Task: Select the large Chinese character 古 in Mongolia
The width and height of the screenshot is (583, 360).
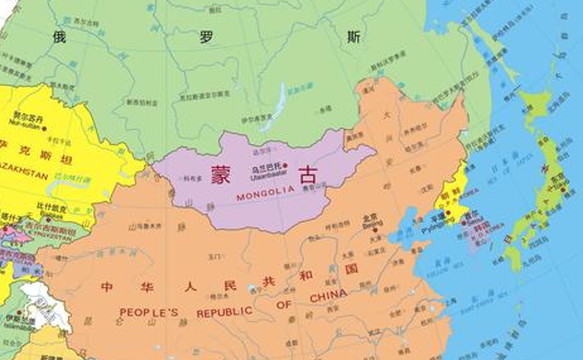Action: [307, 175]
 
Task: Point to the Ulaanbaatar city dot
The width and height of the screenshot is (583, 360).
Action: [285, 166]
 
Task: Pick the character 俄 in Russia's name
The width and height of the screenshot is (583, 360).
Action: [61, 38]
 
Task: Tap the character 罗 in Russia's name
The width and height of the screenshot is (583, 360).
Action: [207, 38]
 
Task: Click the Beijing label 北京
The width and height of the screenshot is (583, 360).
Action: [370, 217]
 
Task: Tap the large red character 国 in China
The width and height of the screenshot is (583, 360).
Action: [351, 270]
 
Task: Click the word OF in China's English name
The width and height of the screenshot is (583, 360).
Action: [284, 305]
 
